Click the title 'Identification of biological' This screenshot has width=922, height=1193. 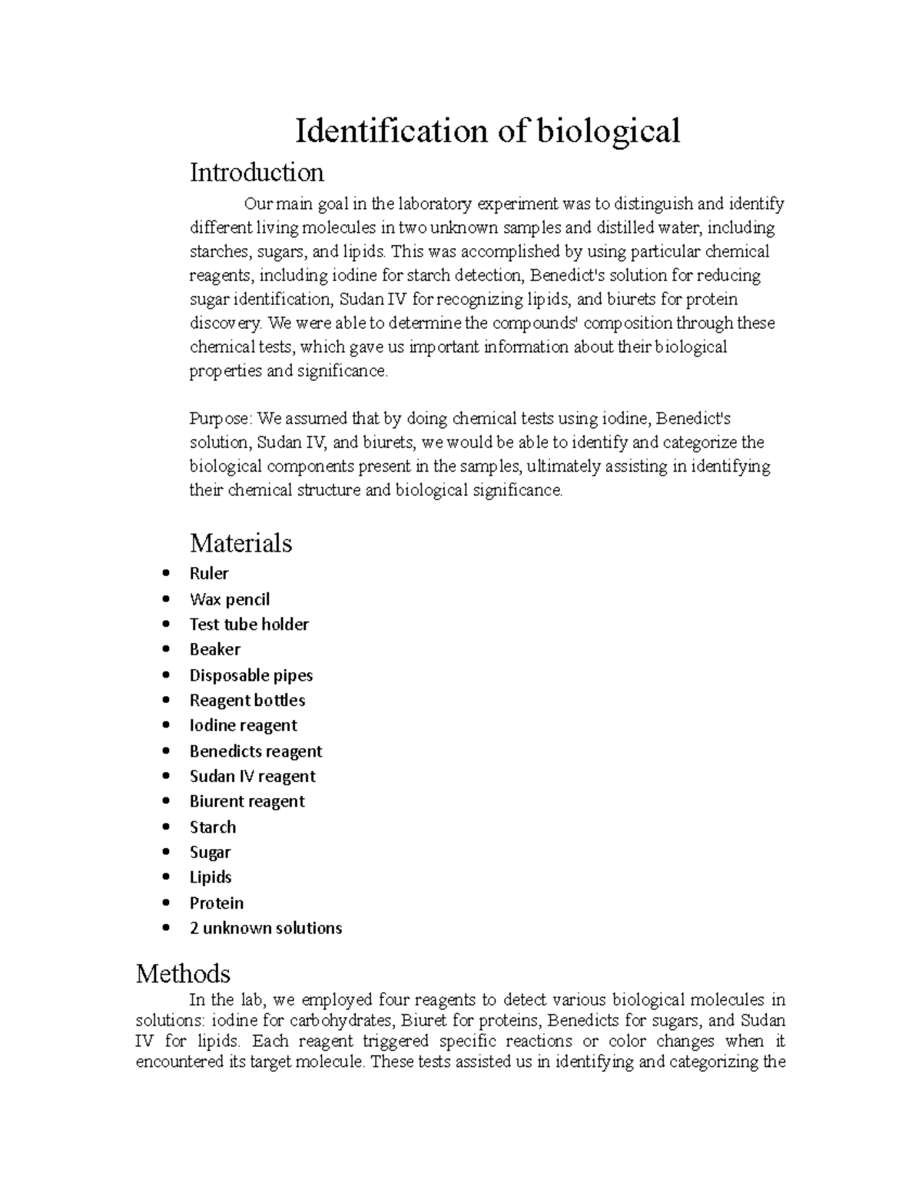488,131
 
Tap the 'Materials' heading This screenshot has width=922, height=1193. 240,543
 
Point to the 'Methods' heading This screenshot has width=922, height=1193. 183,973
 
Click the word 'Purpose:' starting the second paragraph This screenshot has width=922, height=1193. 221,419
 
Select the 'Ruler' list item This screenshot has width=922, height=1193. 209,574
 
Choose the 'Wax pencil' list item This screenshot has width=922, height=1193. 230,599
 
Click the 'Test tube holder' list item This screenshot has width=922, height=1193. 249,625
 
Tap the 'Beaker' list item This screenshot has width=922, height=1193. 215,650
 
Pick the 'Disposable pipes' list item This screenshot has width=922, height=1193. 251,675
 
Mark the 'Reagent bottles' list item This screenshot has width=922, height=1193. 247,701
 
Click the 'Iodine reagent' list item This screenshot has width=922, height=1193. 243,726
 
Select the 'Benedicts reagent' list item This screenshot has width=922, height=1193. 256,751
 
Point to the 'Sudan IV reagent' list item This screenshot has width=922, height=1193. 253,777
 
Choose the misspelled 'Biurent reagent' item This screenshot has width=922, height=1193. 247,802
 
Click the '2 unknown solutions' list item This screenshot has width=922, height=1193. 266,928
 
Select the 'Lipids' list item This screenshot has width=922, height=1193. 211,877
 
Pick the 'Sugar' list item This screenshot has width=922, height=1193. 210,853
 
